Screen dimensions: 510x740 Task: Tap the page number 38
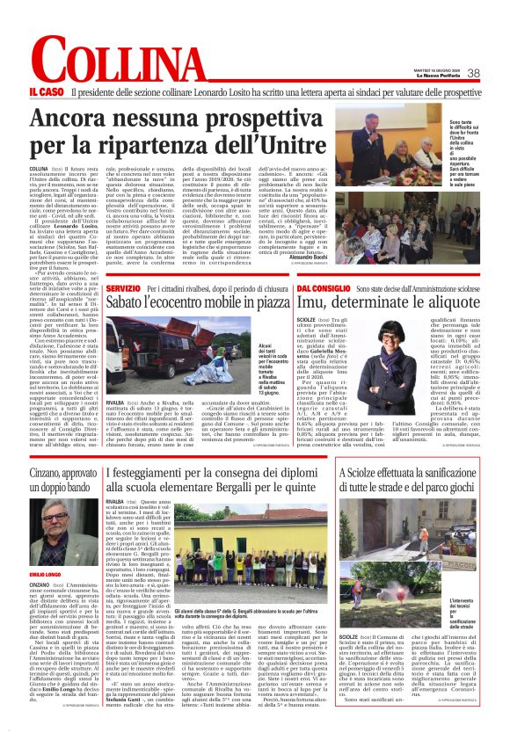point(473,74)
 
